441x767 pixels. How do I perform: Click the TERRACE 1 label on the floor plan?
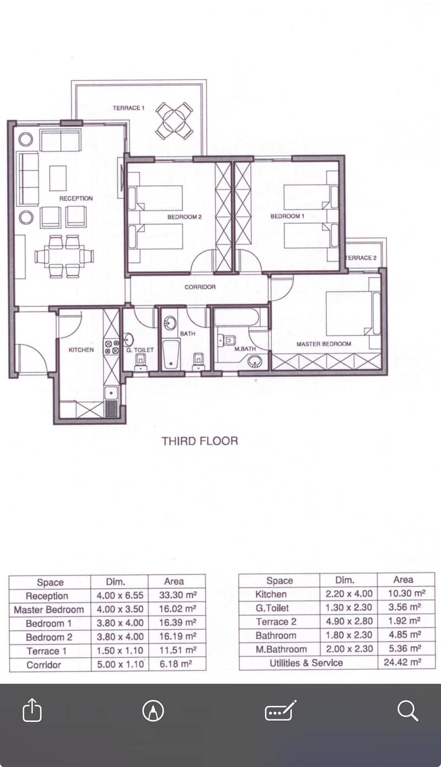129,108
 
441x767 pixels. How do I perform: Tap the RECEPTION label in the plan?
76,199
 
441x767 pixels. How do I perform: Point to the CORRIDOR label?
200,287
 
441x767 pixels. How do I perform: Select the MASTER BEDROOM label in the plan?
324,344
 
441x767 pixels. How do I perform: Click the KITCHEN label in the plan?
81,350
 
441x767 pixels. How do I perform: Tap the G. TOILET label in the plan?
140,350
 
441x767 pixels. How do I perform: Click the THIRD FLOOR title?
200,441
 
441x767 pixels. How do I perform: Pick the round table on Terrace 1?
174,121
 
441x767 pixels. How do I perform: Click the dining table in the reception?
64,256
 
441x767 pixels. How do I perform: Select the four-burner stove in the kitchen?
111,347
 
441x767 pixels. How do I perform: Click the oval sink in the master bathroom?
254,361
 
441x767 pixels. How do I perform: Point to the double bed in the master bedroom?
349,313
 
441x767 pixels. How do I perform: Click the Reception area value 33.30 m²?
178,595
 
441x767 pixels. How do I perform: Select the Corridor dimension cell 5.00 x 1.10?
120,664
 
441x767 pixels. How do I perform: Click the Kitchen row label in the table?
271,594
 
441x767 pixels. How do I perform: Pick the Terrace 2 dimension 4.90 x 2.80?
349,621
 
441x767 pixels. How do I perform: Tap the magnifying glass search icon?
407,711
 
